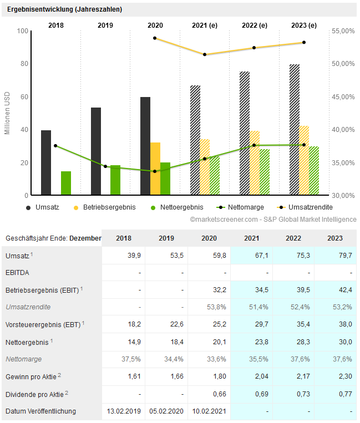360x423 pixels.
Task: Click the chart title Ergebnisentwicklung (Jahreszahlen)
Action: pos(64,9)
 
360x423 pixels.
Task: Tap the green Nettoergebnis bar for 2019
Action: pos(115,180)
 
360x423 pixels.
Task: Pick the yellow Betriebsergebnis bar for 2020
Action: pos(155,169)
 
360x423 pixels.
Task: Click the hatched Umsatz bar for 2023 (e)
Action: pos(295,130)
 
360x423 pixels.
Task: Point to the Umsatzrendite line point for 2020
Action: pos(155,38)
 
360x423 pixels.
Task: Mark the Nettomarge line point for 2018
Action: pos(55,146)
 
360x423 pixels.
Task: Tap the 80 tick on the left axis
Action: pos(24,64)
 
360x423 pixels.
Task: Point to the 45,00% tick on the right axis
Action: pos(343,97)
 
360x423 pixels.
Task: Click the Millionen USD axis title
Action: pos(8,114)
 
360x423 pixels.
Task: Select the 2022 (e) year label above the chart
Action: pos(254,26)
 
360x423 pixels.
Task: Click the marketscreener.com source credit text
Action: pos(273,220)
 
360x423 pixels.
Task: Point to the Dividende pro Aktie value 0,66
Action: pos(209,394)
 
